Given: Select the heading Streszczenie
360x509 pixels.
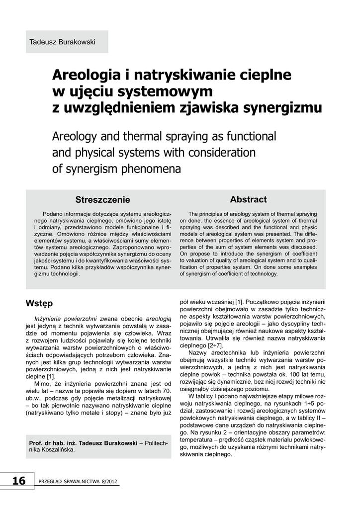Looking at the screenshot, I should click(x=102, y=200).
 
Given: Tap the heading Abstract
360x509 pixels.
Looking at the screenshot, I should click(x=248, y=199).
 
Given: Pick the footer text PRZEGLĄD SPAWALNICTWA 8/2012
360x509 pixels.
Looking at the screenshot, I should click(x=79, y=482).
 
